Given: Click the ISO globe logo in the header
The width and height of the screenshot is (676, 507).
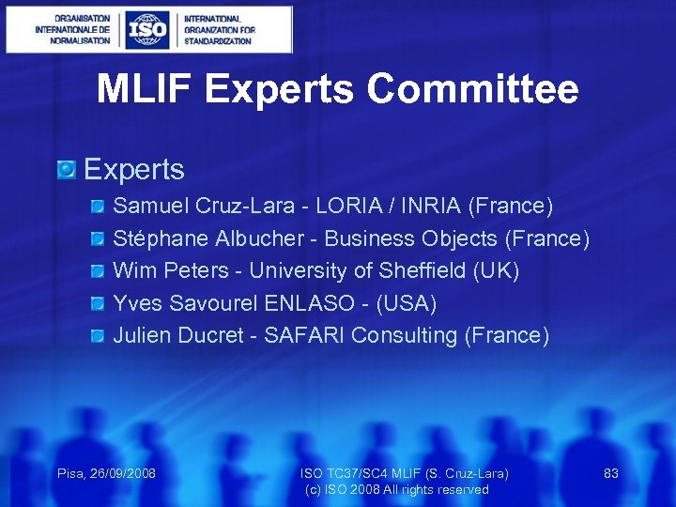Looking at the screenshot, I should pos(147,29).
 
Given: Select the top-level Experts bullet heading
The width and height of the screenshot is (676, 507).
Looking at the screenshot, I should pos(134,170).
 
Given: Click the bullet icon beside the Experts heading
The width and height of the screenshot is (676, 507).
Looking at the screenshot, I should pos(66,170).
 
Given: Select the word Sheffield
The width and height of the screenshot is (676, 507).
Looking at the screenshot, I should pos(423,271).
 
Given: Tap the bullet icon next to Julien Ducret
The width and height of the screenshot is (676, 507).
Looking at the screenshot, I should pos(99,336).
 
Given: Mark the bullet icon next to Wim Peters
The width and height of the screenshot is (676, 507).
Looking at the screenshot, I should pos(99,271).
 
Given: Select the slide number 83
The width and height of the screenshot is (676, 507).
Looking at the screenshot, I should pos(610,473).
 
